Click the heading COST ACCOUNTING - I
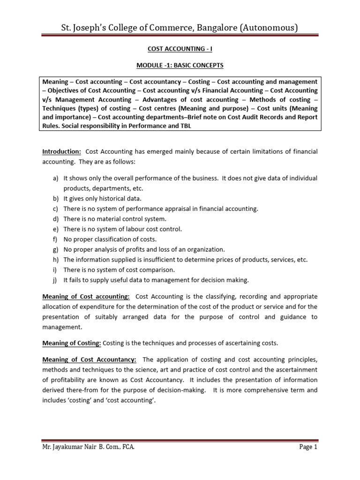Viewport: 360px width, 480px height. tap(180, 47)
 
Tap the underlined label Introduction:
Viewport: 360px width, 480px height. tap(62, 151)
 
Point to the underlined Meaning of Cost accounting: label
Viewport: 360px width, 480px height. tap(86, 296)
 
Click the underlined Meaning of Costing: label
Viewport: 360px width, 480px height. tap(72, 343)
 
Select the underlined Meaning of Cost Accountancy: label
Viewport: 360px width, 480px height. tap(90, 360)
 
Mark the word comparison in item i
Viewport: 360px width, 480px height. tap(157, 270)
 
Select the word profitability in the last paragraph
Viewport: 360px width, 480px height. tap(62, 380)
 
